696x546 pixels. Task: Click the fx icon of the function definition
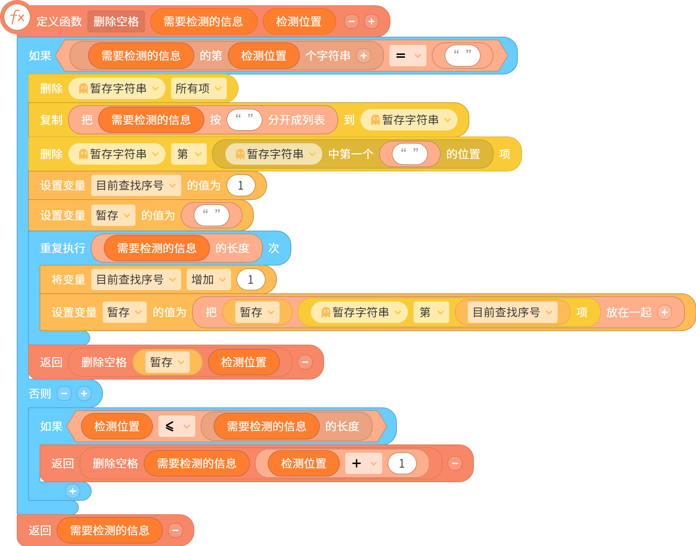click(17, 17)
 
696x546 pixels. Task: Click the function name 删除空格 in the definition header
click(116, 21)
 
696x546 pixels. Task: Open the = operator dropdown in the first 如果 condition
click(408, 56)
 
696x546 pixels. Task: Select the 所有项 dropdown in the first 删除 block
click(199, 88)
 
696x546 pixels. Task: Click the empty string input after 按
click(244, 120)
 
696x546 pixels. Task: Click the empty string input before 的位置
click(410, 154)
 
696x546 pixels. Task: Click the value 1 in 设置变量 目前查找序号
click(241, 185)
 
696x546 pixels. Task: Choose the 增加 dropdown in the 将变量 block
click(209, 279)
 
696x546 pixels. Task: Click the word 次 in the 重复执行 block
click(274, 248)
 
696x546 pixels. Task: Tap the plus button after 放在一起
click(665, 312)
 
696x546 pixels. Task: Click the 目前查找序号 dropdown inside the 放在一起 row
click(513, 312)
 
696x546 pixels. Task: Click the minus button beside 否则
click(64, 393)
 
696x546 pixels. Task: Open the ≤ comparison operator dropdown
click(177, 426)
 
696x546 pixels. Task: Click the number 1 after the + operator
click(402, 463)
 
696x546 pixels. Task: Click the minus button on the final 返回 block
click(175, 530)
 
